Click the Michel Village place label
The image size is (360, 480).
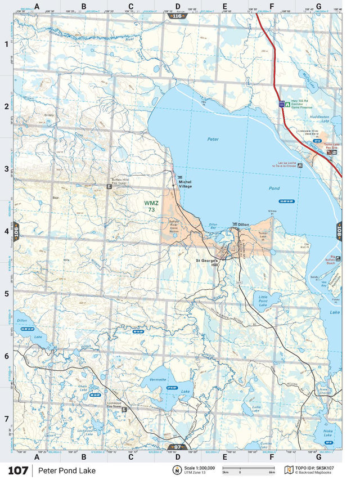185,184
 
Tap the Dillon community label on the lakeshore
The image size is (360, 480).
243,225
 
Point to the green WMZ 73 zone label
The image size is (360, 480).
151,206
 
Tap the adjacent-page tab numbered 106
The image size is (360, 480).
16,231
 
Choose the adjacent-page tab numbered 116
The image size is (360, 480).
177,16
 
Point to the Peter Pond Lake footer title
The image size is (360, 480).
67,470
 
